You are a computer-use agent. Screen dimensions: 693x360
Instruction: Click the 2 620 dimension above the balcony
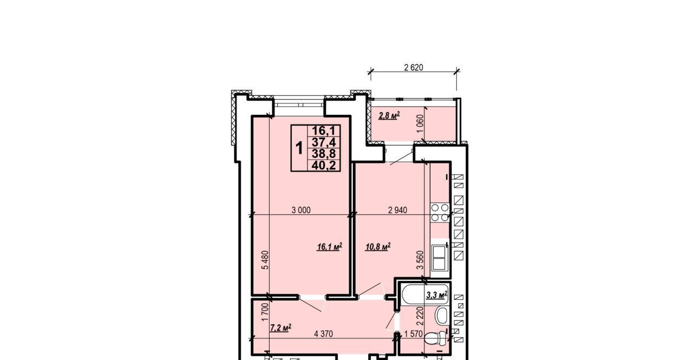(414, 68)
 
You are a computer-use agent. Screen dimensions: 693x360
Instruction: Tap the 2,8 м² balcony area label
(389, 116)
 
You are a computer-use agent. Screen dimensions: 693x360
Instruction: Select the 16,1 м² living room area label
(330, 247)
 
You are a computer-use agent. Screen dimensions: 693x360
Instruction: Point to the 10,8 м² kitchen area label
(378, 247)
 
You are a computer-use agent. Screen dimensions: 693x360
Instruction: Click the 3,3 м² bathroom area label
(437, 295)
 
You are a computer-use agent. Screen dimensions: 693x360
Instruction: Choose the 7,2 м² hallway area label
(281, 328)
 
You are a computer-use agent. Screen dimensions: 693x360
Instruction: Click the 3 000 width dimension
(301, 210)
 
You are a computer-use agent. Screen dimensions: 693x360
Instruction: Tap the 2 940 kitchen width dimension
(397, 210)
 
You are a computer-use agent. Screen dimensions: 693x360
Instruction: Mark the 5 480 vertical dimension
(265, 260)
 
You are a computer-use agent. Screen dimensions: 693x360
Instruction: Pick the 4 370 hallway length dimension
(323, 334)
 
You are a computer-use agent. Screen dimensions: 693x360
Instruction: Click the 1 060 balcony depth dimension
(420, 123)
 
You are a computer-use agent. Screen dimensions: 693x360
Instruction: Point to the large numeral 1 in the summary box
(299, 148)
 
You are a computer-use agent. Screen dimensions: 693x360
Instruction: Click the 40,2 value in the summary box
(324, 166)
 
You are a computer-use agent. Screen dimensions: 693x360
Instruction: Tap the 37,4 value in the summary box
(324, 142)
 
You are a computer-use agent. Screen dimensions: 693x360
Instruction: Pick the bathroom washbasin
(441, 316)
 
